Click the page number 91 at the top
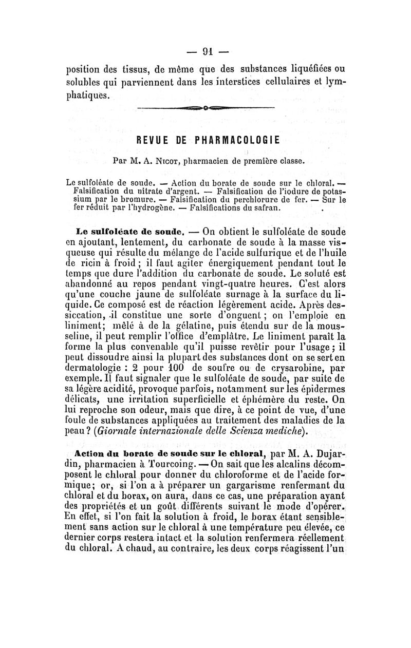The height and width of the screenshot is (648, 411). pyautogui.click(x=207, y=51)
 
